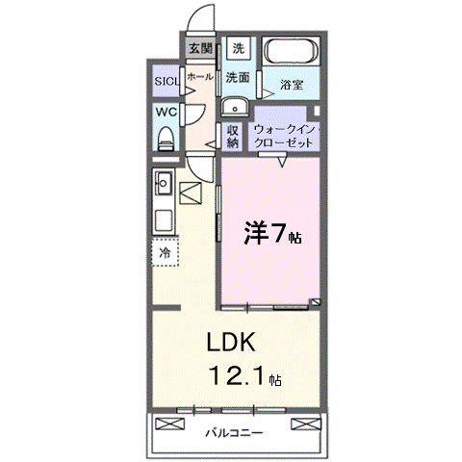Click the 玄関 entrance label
(200, 47)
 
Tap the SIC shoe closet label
(167, 82)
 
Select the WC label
(166, 112)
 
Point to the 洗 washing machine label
(239, 47)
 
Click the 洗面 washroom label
(239, 77)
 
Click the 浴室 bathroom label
(292, 85)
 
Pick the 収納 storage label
(233, 136)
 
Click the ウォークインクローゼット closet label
(284, 136)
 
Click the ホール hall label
(200, 76)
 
